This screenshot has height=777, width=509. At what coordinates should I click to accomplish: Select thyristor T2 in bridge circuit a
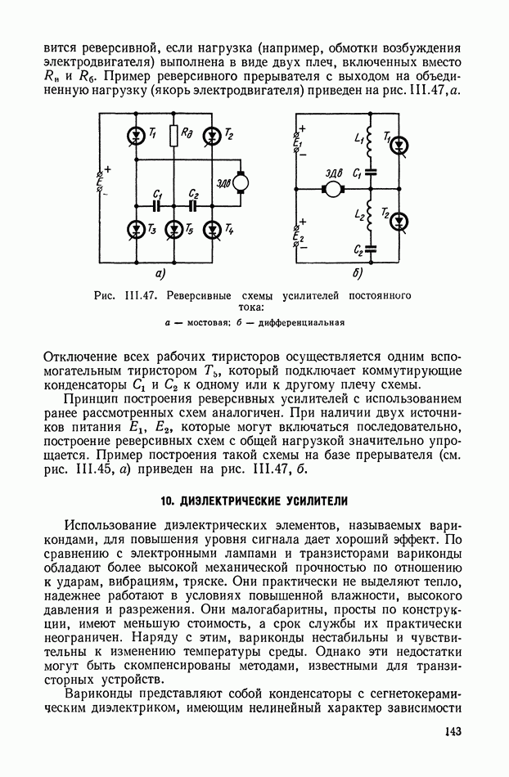[x=213, y=134]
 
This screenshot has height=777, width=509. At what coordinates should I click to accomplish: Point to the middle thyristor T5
[x=174, y=229]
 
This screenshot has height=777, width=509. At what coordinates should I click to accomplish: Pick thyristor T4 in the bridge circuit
[x=213, y=229]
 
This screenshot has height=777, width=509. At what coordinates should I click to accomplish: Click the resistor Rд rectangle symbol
[x=174, y=135]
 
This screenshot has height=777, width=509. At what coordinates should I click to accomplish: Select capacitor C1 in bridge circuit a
[x=155, y=206]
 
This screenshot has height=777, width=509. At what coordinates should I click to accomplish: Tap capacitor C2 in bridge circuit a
[x=193, y=206]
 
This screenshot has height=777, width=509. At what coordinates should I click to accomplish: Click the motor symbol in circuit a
[x=241, y=183]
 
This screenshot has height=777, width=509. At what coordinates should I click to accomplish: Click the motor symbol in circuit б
[x=335, y=189]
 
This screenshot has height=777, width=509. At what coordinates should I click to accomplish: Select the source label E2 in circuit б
[x=300, y=237]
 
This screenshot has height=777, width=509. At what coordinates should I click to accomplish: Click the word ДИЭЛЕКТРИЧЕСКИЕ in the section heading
[x=236, y=501]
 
